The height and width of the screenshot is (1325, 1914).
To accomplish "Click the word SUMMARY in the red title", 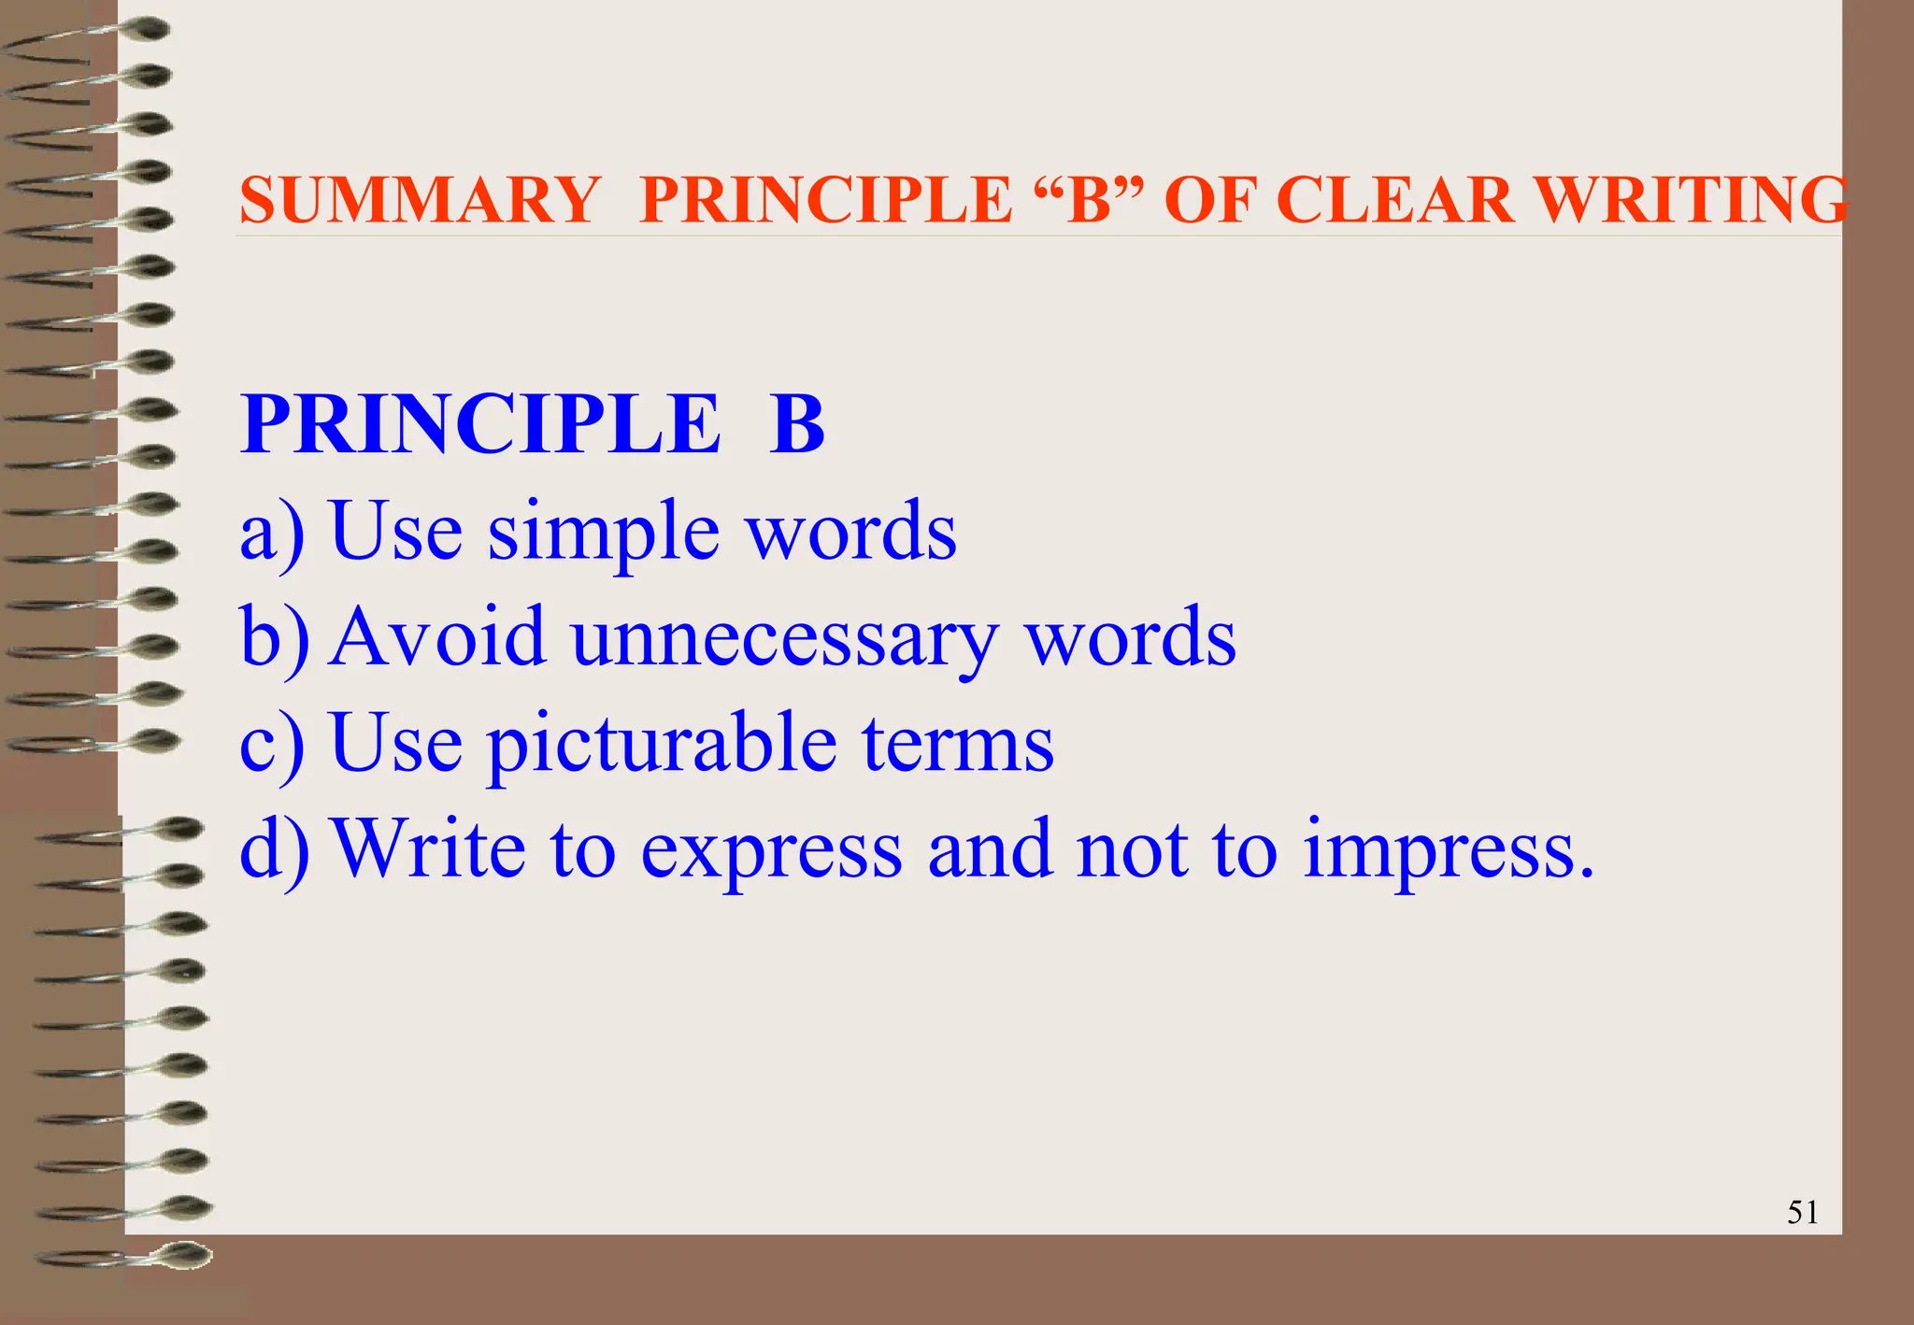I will [x=420, y=200].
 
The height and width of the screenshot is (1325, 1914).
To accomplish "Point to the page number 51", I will [x=1802, y=1212].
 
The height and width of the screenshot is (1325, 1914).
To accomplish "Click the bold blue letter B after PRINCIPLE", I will [x=796, y=425].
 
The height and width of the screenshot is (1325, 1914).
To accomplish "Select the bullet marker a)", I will [x=271, y=532].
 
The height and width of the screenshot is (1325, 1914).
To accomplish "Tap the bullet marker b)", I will [x=273, y=637].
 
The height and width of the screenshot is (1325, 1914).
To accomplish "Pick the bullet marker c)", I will [x=271, y=744].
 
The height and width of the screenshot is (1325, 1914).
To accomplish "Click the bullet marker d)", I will [x=273, y=849].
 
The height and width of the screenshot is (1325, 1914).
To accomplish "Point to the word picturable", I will [x=662, y=744].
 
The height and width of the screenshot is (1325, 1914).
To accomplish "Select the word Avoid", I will [x=437, y=637].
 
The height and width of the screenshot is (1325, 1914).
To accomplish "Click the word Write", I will [x=430, y=849].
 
